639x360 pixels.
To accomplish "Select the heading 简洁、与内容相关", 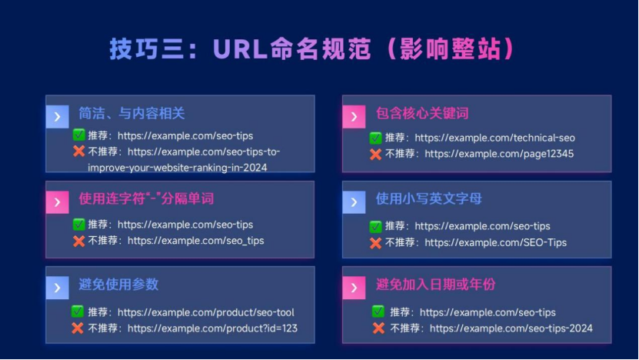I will pyautogui.click(x=131, y=113).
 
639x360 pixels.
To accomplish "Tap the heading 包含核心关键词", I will pyautogui.click(x=422, y=113).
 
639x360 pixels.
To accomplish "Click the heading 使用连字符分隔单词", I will pyautogui.click(x=146, y=198).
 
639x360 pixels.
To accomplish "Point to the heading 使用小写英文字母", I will pyautogui.click(x=428, y=198).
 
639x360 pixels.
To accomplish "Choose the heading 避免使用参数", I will pyautogui.click(x=118, y=284).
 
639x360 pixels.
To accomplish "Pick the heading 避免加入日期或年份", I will pyautogui.click(x=436, y=285).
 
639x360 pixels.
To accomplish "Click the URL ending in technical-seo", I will pyautogui.click(x=494, y=138).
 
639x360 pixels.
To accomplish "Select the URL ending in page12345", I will pyautogui.click(x=499, y=153).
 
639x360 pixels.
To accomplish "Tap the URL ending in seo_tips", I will pyautogui.click(x=195, y=240).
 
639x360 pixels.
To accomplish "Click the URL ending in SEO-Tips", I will pyautogui.click(x=495, y=242).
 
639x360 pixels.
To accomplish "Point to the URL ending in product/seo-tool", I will pyautogui.click(x=205, y=312).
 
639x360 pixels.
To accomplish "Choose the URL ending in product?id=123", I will pyautogui.click(x=212, y=328).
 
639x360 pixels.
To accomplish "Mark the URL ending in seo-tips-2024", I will pyautogui.click(x=511, y=328).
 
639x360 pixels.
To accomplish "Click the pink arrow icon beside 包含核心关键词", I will pyautogui.click(x=353, y=117).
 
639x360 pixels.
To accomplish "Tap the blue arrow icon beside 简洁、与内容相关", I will pyautogui.click(x=57, y=117).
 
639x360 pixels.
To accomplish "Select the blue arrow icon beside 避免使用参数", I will pyautogui.click(x=57, y=288).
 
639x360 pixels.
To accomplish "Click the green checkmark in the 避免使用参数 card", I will pyautogui.click(x=78, y=312).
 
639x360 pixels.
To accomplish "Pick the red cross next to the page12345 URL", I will pyautogui.click(x=375, y=154).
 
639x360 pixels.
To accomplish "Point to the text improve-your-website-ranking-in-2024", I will pyautogui.click(x=177, y=167).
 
